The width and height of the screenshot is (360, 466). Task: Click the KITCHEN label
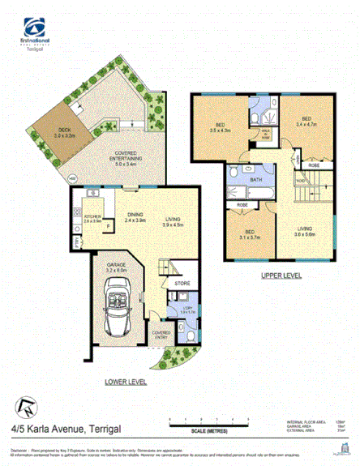point(91,216)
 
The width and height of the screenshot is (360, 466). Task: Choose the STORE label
point(182,284)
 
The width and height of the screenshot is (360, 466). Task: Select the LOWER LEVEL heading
point(124,379)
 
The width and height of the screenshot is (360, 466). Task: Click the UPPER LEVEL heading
point(281,276)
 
